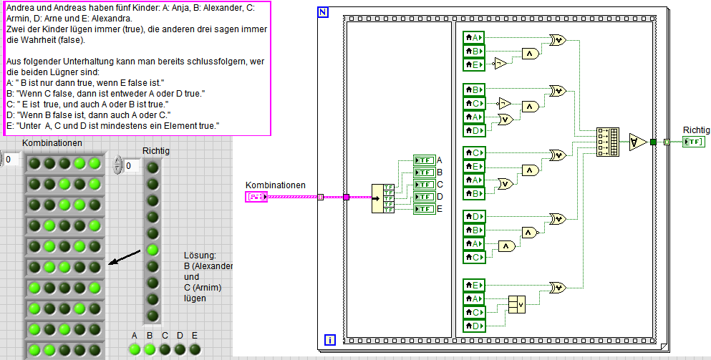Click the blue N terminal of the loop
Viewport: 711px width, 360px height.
[x=323, y=12]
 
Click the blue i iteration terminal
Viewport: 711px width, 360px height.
[x=331, y=339]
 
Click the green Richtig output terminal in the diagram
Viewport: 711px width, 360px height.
[x=693, y=142]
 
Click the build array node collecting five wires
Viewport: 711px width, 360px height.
[x=607, y=142]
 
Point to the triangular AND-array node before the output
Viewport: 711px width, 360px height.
[x=638, y=142]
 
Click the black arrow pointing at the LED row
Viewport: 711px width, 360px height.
[x=123, y=256]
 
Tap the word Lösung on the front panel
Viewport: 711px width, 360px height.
[x=200, y=256]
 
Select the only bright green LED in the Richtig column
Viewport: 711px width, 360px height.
[x=153, y=250]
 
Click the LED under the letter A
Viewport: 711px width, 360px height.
[x=134, y=349]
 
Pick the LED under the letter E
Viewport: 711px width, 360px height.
[x=194, y=349]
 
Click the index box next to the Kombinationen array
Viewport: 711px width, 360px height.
[x=11, y=160]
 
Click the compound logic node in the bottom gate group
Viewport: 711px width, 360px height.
[x=517, y=304]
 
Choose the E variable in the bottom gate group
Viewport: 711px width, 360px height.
[x=473, y=286]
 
